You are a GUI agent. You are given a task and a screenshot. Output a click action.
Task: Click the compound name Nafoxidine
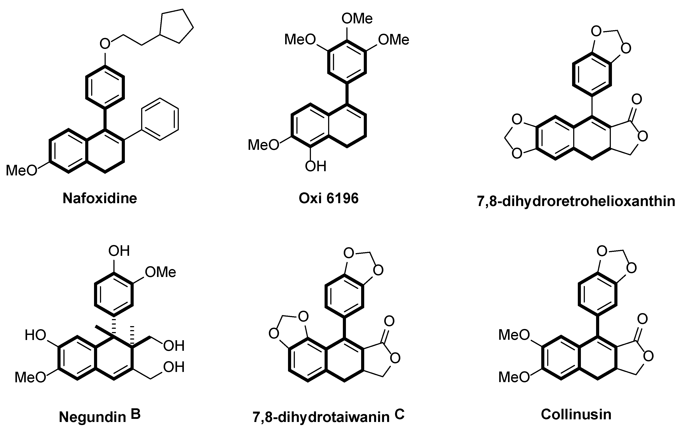pyautogui.click(x=100, y=198)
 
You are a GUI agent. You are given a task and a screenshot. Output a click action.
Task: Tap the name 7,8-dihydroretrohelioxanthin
pyautogui.click(x=576, y=202)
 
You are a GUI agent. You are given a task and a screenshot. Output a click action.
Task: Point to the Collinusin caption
pyautogui.click(x=576, y=414)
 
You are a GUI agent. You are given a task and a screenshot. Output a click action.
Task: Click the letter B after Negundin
pyautogui.click(x=136, y=415)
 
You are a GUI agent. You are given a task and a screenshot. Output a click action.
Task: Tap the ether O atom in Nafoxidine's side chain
pyautogui.click(x=105, y=44)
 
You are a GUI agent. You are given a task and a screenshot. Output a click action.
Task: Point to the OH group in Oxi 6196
pyautogui.click(x=316, y=166)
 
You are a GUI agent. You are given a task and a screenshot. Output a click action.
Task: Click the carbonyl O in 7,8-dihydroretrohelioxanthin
pyautogui.click(x=637, y=99)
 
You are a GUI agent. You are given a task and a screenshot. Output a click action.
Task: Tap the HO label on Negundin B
pyautogui.click(x=35, y=335)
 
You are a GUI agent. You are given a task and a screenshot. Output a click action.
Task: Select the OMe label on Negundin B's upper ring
pyautogui.click(x=161, y=272)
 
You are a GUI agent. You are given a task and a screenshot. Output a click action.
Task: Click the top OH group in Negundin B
pyautogui.click(x=119, y=251)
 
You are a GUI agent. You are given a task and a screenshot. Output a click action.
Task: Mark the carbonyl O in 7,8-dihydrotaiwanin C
pyautogui.click(x=389, y=321)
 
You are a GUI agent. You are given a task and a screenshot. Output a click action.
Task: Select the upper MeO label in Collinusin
pyautogui.click(x=514, y=335)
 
